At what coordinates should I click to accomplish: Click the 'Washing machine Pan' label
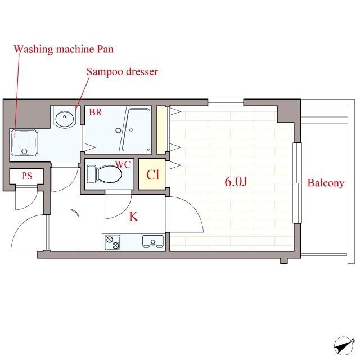pyautogui.click(x=64, y=49)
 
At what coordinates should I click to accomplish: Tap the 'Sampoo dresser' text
pyautogui.click(x=122, y=72)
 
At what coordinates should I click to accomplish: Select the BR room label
pyautogui.click(x=96, y=112)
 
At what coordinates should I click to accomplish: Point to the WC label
pyautogui.click(x=123, y=164)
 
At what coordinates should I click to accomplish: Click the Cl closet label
pyautogui.click(x=152, y=175)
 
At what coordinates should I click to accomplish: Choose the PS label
pyautogui.click(x=27, y=176)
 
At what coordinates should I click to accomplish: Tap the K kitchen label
pyautogui.click(x=134, y=216)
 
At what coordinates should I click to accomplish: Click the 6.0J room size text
pyautogui.click(x=236, y=182)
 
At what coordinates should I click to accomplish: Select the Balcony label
pyautogui.click(x=326, y=183)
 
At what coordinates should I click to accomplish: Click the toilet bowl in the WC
pyautogui.click(x=109, y=174)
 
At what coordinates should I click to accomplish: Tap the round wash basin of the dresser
pyautogui.click(x=65, y=119)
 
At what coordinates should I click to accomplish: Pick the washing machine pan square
pyautogui.click(x=24, y=143)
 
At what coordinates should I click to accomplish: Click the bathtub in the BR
pyautogui.click(x=136, y=130)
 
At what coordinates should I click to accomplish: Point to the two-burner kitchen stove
pyautogui.click(x=112, y=242)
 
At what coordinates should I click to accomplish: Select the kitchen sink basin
pyautogui.click(x=153, y=241)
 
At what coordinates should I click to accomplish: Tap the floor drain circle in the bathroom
pyautogui.click(x=118, y=130)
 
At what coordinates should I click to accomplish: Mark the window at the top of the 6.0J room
pyautogui.click(x=226, y=102)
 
